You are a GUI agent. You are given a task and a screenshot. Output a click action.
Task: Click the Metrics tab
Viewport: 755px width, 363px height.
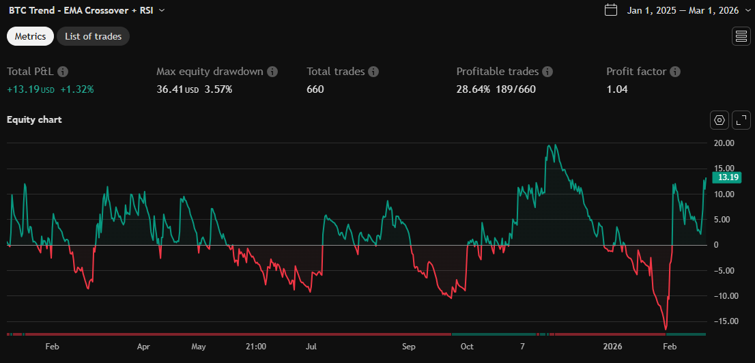tap(30, 36)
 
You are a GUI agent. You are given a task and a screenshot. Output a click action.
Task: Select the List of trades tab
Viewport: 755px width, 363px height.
tap(93, 36)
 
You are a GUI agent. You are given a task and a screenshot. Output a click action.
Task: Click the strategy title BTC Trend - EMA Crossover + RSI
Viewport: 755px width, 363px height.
tap(81, 10)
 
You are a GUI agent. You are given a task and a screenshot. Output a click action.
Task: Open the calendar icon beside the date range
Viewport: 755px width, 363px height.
tap(612, 10)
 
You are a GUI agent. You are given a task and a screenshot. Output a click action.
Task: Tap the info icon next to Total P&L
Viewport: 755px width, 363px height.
tap(63, 72)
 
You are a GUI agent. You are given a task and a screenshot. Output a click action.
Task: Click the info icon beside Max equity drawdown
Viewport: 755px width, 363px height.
tap(272, 72)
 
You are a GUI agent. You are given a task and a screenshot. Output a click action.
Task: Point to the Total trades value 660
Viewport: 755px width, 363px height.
tap(315, 89)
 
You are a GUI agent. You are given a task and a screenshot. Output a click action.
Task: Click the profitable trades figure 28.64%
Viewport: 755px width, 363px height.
tap(473, 89)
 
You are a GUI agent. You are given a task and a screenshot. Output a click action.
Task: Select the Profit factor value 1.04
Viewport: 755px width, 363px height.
tap(617, 89)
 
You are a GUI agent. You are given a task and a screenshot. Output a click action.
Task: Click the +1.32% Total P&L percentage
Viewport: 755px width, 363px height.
tap(77, 89)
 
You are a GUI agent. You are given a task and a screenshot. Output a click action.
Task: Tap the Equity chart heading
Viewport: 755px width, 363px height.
tap(34, 120)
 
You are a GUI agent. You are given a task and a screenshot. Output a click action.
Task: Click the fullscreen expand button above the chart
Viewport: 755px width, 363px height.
tap(741, 121)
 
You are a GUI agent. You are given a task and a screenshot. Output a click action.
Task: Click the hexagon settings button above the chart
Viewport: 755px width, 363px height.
tap(720, 121)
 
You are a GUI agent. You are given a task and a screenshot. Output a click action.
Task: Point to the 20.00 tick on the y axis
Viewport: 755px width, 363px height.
tap(724, 143)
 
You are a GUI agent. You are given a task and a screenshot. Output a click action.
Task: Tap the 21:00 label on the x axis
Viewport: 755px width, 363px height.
tap(255, 346)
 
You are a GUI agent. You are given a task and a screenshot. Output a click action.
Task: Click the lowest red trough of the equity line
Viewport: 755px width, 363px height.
tap(666, 330)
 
